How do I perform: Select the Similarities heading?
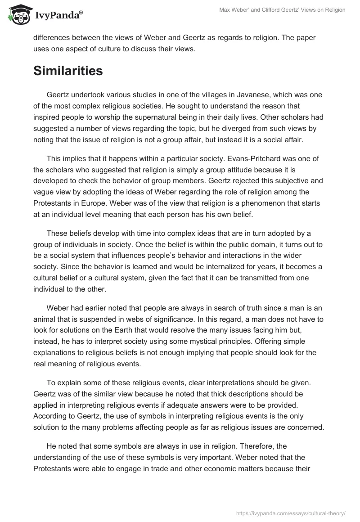(x=68, y=71)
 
